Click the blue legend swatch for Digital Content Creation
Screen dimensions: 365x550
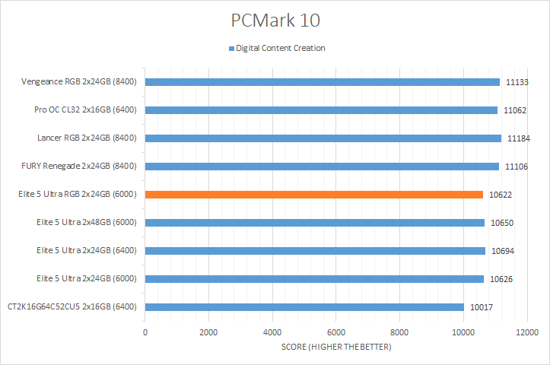[x=231, y=48]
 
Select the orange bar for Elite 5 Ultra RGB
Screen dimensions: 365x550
[x=313, y=195]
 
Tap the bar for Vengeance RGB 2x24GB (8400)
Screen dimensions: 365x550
[x=322, y=82]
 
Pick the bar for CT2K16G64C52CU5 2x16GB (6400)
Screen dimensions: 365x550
[x=304, y=307]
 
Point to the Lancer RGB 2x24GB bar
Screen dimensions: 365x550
[x=323, y=138]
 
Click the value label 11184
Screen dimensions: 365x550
[x=518, y=138]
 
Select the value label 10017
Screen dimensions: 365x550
[x=481, y=307]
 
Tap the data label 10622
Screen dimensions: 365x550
[x=500, y=195]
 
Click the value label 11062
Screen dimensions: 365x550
[x=516, y=110]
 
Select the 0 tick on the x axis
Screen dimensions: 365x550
[x=145, y=332]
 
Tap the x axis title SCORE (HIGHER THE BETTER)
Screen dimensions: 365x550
[x=335, y=348]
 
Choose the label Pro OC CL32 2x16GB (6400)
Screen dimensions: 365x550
[x=85, y=110]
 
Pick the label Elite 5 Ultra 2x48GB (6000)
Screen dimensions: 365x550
[x=86, y=223]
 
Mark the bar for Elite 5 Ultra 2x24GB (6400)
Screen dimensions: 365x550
[x=315, y=251]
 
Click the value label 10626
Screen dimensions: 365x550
[x=501, y=279]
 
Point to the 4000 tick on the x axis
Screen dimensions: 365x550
[x=272, y=332]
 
